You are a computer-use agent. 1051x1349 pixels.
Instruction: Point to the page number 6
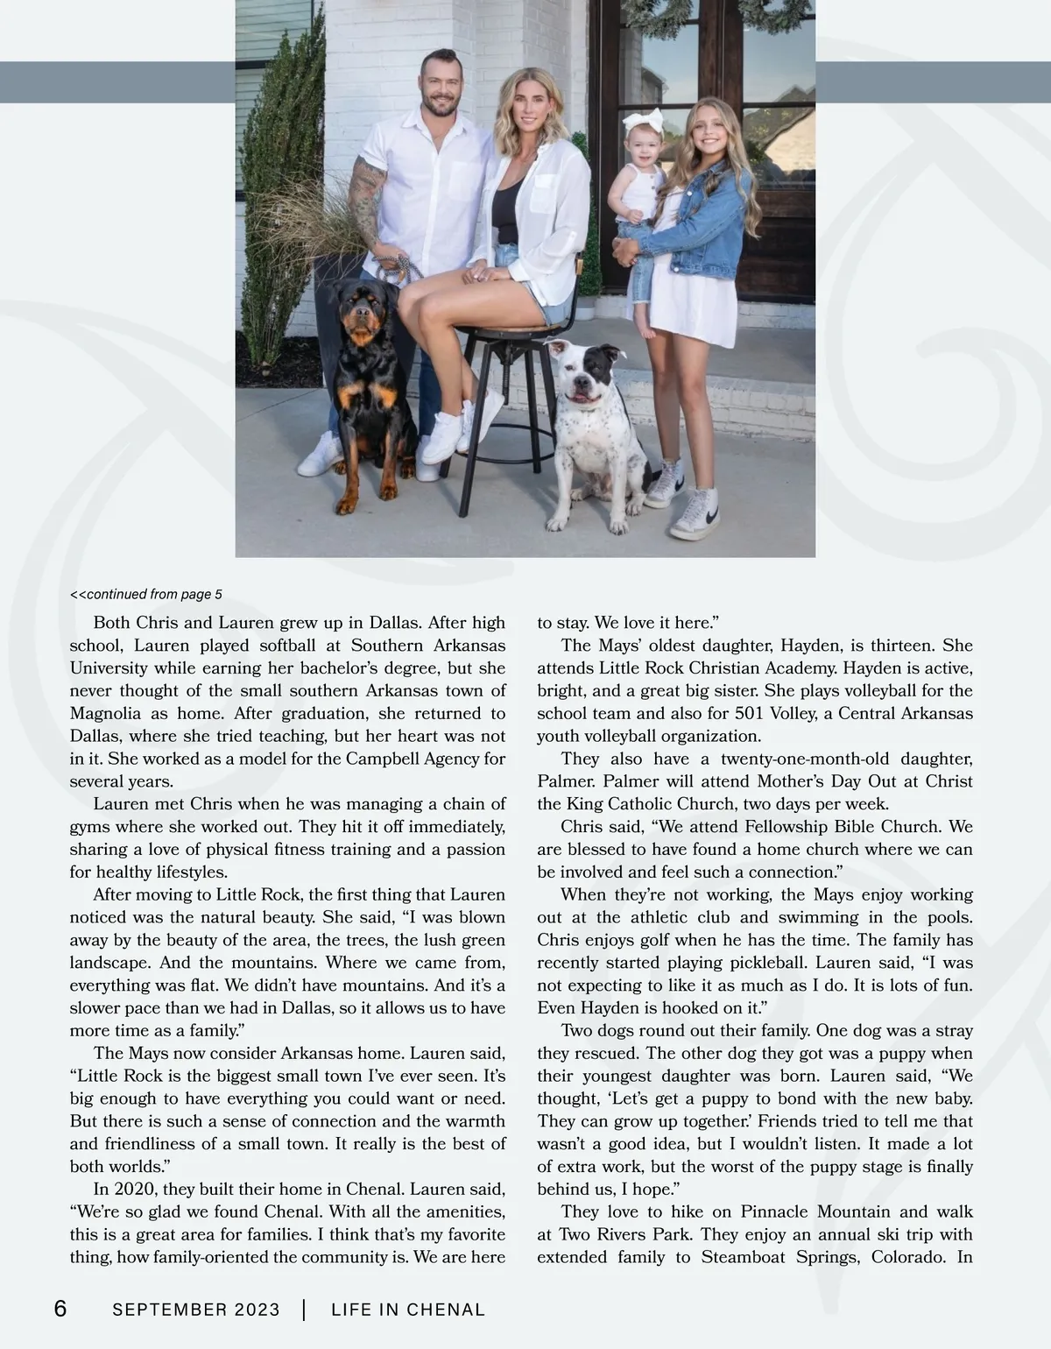click(x=60, y=1310)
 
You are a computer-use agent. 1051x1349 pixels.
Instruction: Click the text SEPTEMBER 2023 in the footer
click(x=196, y=1310)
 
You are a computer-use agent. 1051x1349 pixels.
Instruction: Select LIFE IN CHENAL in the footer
click(x=408, y=1310)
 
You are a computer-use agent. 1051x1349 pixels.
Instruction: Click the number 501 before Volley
click(x=751, y=714)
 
